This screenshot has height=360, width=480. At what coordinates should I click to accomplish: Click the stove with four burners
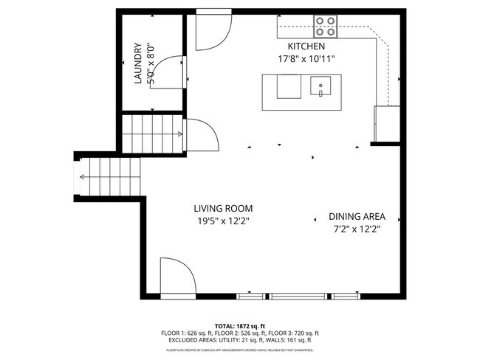(326, 27)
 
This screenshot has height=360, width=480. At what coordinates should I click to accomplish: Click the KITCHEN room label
(301, 46)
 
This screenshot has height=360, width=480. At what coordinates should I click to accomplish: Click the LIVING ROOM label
(222, 209)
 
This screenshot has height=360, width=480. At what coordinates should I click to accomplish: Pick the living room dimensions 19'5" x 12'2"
(222, 221)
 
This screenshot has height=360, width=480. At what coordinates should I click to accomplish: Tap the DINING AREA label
(357, 217)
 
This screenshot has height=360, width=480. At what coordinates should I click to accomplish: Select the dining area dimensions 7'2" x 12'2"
(357, 229)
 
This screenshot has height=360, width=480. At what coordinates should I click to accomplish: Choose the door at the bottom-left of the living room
(176, 276)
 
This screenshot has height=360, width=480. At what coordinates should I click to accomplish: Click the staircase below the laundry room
(151, 133)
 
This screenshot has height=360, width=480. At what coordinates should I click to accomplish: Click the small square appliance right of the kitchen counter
(388, 122)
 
